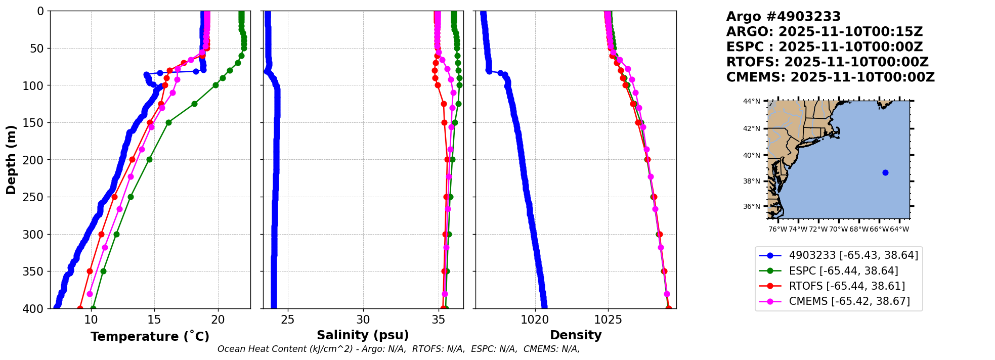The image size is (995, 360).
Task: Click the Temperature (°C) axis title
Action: click(x=150, y=337)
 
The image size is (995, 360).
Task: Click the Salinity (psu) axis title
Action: click(x=363, y=335)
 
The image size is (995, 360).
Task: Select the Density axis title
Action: click(x=576, y=335)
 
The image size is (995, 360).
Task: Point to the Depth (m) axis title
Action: click(x=11, y=160)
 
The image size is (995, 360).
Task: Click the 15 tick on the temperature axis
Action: click(x=154, y=320)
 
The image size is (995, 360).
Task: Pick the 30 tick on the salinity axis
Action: click(x=363, y=320)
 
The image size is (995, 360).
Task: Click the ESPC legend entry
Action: click(x=843, y=271)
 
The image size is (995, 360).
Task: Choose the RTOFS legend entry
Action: click(x=847, y=286)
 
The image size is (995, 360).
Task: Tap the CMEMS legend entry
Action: click(x=849, y=301)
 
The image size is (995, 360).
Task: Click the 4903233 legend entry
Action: click(x=853, y=256)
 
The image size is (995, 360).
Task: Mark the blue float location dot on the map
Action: click(x=885, y=173)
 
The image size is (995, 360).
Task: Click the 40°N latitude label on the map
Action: click(x=751, y=155)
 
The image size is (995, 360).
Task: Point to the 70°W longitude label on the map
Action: click(x=838, y=229)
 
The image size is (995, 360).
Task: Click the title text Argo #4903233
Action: click(x=783, y=17)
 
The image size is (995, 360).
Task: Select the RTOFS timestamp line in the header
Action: click(x=827, y=62)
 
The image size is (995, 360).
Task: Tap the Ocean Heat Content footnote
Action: click(x=399, y=349)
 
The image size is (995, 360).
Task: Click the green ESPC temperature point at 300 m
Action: click(x=116, y=234)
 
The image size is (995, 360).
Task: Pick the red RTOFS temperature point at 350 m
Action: click(x=90, y=272)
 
